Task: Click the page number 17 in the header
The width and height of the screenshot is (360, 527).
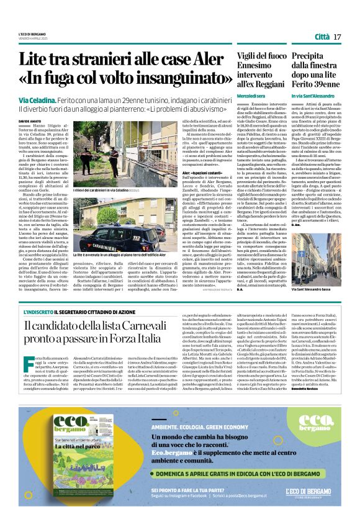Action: tap(338, 37)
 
